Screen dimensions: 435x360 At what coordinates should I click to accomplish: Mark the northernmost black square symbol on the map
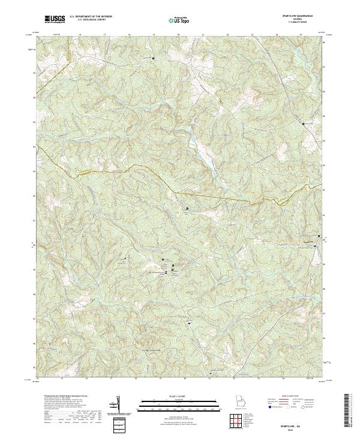coord(153,58)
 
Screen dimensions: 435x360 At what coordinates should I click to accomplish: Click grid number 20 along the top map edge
coord(179,35)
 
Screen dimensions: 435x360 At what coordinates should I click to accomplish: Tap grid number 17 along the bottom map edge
coord(112,379)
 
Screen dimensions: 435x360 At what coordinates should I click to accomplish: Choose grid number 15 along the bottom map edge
coord(63,379)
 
